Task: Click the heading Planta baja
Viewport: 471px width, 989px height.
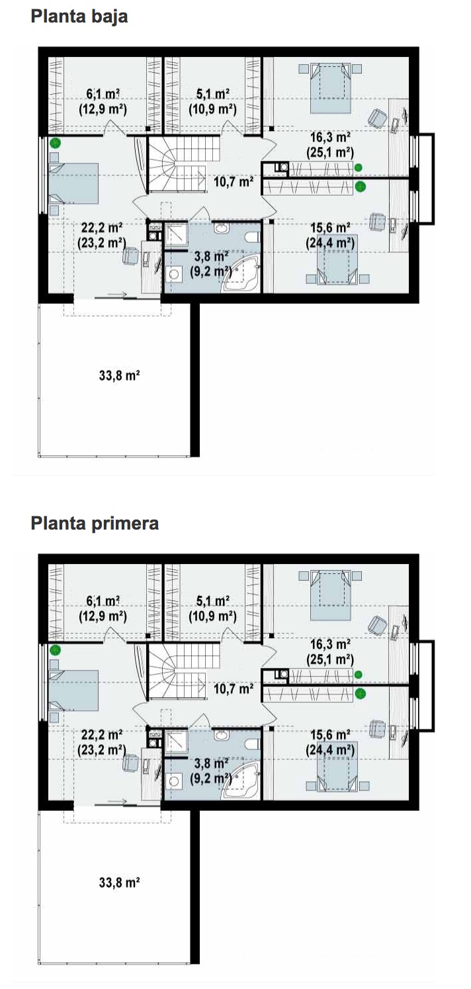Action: pyautogui.click(x=79, y=17)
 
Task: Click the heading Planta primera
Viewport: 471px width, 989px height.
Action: pyautogui.click(x=95, y=524)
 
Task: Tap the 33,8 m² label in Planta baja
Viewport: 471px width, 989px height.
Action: pyautogui.click(x=120, y=376)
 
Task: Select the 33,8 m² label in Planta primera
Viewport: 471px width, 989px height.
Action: pyautogui.click(x=120, y=882)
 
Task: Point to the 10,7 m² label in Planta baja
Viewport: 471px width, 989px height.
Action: pyautogui.click(x=234, y=181)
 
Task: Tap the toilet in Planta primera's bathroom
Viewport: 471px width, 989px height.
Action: pyautogui.click(x=253, y=744)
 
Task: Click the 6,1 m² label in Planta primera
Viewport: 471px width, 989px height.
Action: pyautogui.click(x=103, y=601)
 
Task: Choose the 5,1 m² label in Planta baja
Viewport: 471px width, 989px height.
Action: pyautogui.click(x=212, y=94)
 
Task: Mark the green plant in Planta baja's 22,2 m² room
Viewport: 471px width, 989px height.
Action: pyautogui.click(x=55, y=143)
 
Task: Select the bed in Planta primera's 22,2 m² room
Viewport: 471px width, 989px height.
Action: pyautogui.click(x=73, y=690)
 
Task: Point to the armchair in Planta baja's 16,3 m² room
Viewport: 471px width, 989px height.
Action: pyautogui.click(x=378, y=118)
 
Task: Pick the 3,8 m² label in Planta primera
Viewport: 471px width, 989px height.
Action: pyautogui.click(x=211, y=763)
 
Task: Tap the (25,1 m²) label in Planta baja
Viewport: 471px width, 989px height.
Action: pyautogui.click(x=330, y=153)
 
